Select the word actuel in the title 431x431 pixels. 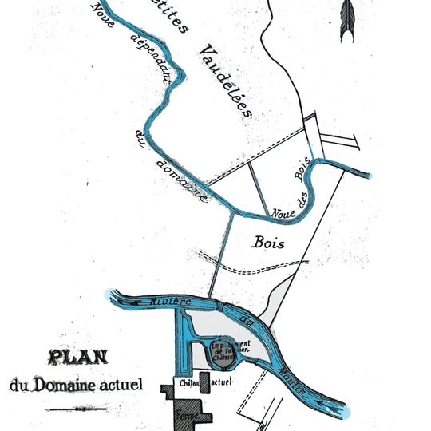click(121, 385)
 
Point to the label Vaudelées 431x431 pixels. click(226, 81)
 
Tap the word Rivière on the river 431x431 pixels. click(169, 302)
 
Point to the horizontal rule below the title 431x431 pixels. click(77, 409)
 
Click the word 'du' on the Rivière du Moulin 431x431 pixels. click(246, 325)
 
